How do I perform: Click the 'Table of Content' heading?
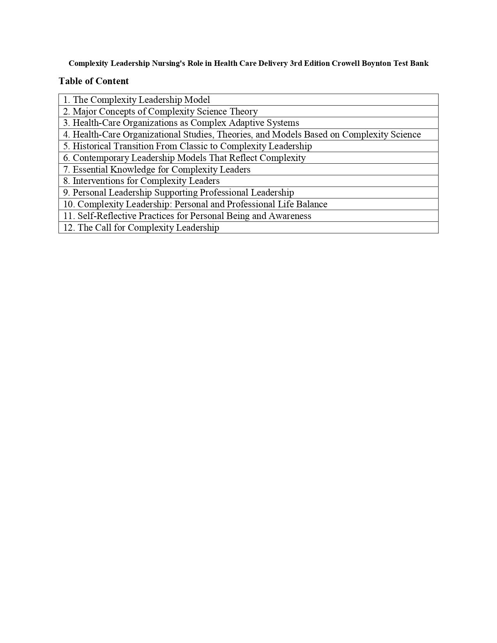click(94, 81)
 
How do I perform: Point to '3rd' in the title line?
click(296, 64)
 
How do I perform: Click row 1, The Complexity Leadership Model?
click(136, 100)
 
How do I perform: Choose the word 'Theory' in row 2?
click(244, 111)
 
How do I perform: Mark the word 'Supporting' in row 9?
click(176, 193)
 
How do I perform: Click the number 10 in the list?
click(69, 204)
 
